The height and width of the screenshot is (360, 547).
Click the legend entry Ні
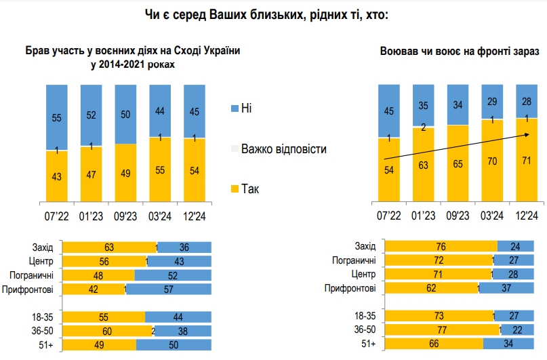coord(247,108)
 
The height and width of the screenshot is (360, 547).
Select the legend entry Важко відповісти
coord(284,148)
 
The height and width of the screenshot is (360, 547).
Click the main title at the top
coord(273,15)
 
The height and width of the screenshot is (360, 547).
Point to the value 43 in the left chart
coord(56,176)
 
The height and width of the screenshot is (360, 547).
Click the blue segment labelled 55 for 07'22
coord(56,117)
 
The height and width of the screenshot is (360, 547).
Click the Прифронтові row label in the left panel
coord(32,289)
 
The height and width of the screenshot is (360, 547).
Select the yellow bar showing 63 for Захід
coord(108,247)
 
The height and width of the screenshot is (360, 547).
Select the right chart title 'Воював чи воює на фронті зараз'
coord(460,52)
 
